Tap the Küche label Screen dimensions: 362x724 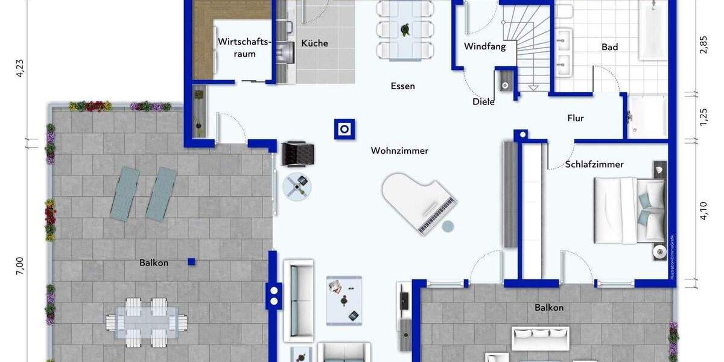pyautogui.click(x=314, y=43)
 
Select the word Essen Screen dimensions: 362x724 pyautogui.click(x=402, y=86)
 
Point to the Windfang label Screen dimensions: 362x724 pyautogui.click(x=484, y=46)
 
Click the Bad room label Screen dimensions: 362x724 pyautogui.click(x=609, y=47)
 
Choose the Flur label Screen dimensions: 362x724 pyautogui.click(x=576, y=118)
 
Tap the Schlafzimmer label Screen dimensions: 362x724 pyautogui.click(x=594, y=164)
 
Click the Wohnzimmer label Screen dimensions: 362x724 pyautogui.click(x=399, y=151)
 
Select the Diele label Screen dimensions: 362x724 pyautogui.click(x=483, y=102)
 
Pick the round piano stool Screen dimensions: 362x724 pyautogui.click(x=448, y=226)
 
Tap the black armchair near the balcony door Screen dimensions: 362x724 pyautogui.click(x=297, y=153)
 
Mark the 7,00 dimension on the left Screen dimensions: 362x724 pyautogui.click(x=20, y=265)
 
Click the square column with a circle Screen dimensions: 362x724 pyautogui.click(x=345, y=129)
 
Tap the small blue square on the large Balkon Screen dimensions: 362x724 pyautogui.click(x=191, y=261)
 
